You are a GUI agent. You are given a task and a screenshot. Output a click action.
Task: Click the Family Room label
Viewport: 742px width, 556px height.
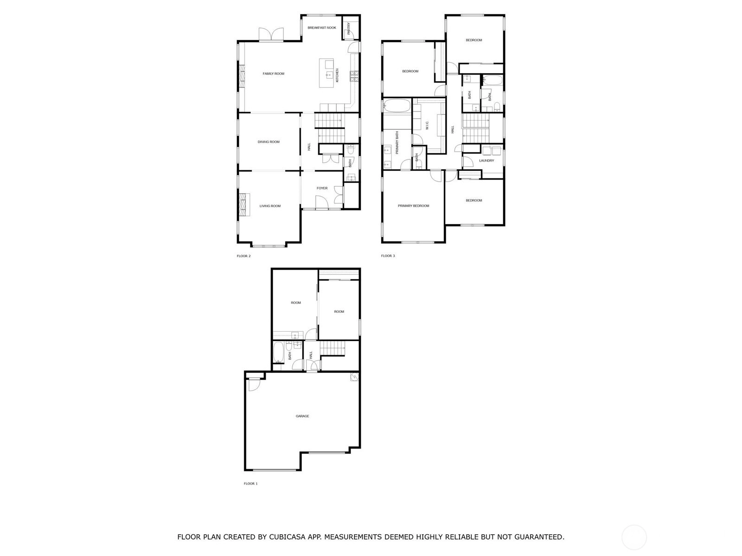[274, 74]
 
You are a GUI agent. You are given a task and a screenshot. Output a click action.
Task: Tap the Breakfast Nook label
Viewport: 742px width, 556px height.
[322, 28]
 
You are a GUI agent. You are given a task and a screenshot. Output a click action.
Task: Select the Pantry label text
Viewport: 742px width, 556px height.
[349, 28]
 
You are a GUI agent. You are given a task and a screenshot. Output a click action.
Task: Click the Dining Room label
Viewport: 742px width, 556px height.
[269, 142]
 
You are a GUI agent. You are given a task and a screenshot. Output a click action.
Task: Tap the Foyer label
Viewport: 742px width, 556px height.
[322, 188]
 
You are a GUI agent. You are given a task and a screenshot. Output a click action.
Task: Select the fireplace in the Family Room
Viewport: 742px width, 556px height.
[242, 76]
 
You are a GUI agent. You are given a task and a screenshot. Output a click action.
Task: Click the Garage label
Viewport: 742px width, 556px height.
[302, 416]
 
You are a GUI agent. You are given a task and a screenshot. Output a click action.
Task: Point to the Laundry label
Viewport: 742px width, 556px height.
[486, 161]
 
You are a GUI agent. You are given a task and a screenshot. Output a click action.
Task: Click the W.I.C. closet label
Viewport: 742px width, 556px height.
[427, 125]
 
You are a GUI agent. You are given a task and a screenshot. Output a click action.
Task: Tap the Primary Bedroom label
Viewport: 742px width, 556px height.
[413, 206]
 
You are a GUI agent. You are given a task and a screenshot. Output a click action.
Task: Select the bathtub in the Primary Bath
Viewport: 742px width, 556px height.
[397, 106]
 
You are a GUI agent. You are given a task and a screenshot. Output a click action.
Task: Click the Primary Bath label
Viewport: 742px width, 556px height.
[397, 142]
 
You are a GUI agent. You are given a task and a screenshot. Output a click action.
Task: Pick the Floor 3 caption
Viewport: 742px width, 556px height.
[388, 256]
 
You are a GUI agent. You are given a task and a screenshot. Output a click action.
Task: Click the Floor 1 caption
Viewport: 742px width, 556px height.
[250, 483]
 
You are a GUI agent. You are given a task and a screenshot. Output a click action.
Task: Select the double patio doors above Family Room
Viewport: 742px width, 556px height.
[271, 34]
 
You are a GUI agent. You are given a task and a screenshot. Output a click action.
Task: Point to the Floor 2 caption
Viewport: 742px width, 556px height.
[243, 256]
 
